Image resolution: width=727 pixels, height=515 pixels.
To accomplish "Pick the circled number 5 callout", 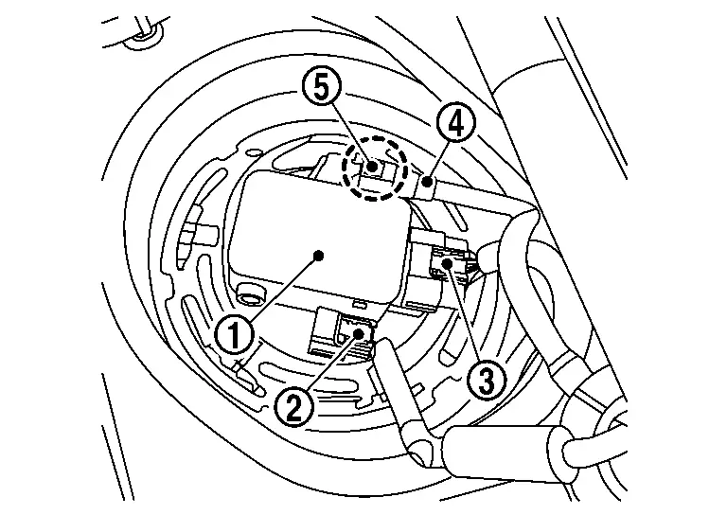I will tap(322, 89).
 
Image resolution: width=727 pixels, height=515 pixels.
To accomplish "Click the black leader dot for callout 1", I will tap(320, 255).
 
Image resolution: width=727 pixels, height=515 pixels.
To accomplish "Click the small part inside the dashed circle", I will tap(375, 169).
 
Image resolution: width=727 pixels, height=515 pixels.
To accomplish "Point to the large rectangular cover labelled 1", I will tap(312, 232).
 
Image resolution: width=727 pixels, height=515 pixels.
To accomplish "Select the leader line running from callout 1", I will tap(279, 292).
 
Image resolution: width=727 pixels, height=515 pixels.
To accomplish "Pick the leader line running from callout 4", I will tap(441, 154).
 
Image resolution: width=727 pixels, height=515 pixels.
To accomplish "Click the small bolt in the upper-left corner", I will tap(144, 35).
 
